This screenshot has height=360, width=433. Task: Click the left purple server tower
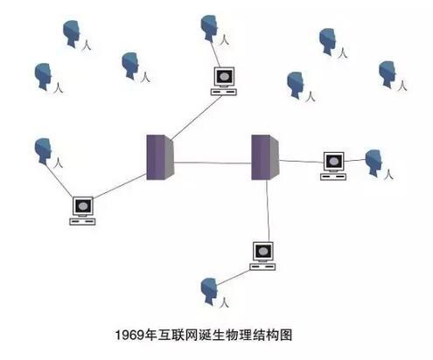tap(160, 157)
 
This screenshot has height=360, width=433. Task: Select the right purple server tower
tap(265, 157)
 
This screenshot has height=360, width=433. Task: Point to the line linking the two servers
tap(213, 163)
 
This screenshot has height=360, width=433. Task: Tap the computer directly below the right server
tap(262, 256)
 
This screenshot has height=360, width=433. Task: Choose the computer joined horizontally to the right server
tap(333, 166)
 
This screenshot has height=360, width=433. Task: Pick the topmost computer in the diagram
tap(224, 81)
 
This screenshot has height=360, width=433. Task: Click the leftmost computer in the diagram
tap(82, 211)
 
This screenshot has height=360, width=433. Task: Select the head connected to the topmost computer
tap(209, 28)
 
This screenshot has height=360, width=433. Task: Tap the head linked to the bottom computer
tap(209, 291)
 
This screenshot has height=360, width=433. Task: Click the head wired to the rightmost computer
tap(374, 163)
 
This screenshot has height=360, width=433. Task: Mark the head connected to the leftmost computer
tap(43, 151)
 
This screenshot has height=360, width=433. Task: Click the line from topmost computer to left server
tap(196, 118)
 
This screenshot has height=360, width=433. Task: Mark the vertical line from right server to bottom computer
tap(268, 211)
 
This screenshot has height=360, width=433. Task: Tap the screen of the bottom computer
tap(263, 251)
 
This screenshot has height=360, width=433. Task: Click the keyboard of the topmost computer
tap(224, 93)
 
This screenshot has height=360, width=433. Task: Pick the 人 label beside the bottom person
tap(224, 302)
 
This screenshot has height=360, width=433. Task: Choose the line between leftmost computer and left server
tap(120, 186)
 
